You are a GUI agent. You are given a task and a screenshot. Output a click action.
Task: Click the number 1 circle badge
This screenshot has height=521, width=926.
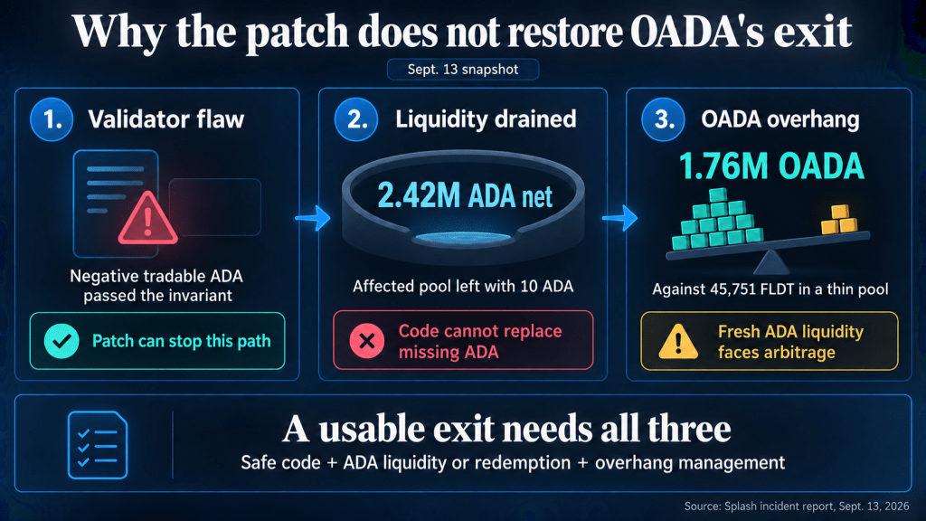[x=52, y=119]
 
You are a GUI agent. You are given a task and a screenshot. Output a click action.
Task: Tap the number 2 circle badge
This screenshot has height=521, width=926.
[x=356, y=119]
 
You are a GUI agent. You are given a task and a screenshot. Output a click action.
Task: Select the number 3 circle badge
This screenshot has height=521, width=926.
[x=663, y=119]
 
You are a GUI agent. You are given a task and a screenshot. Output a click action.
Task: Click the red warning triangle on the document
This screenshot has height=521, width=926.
[x=147, y=218]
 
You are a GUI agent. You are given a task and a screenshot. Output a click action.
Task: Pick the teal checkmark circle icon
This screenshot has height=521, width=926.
[x=61, y=341]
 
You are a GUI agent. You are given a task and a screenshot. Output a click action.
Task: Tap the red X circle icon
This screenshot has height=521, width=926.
[x=367, y=341]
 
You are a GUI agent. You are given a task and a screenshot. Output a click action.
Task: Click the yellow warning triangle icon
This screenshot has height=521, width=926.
[x=678, y=341]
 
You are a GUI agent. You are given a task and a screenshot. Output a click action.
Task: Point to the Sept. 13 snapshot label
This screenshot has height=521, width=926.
[x=463, y=69]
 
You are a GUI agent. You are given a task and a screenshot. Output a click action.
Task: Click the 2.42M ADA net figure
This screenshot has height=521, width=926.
[x=465, y=195]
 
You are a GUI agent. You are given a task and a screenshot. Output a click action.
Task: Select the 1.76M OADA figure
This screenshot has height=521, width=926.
[x=771, y=166]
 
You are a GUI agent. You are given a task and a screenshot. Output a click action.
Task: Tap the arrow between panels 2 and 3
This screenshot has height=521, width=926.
[x=620, y=218]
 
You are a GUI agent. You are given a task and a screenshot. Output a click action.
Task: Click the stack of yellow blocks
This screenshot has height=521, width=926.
[x=839, y=220]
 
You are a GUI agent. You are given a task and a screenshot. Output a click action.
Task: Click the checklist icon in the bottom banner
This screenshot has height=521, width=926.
[x=98, y=445]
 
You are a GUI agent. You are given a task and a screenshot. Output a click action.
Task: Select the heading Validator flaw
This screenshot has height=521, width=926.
[x=166, y=119]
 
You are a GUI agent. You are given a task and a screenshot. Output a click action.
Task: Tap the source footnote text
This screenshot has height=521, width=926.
[x=797, y=507]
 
